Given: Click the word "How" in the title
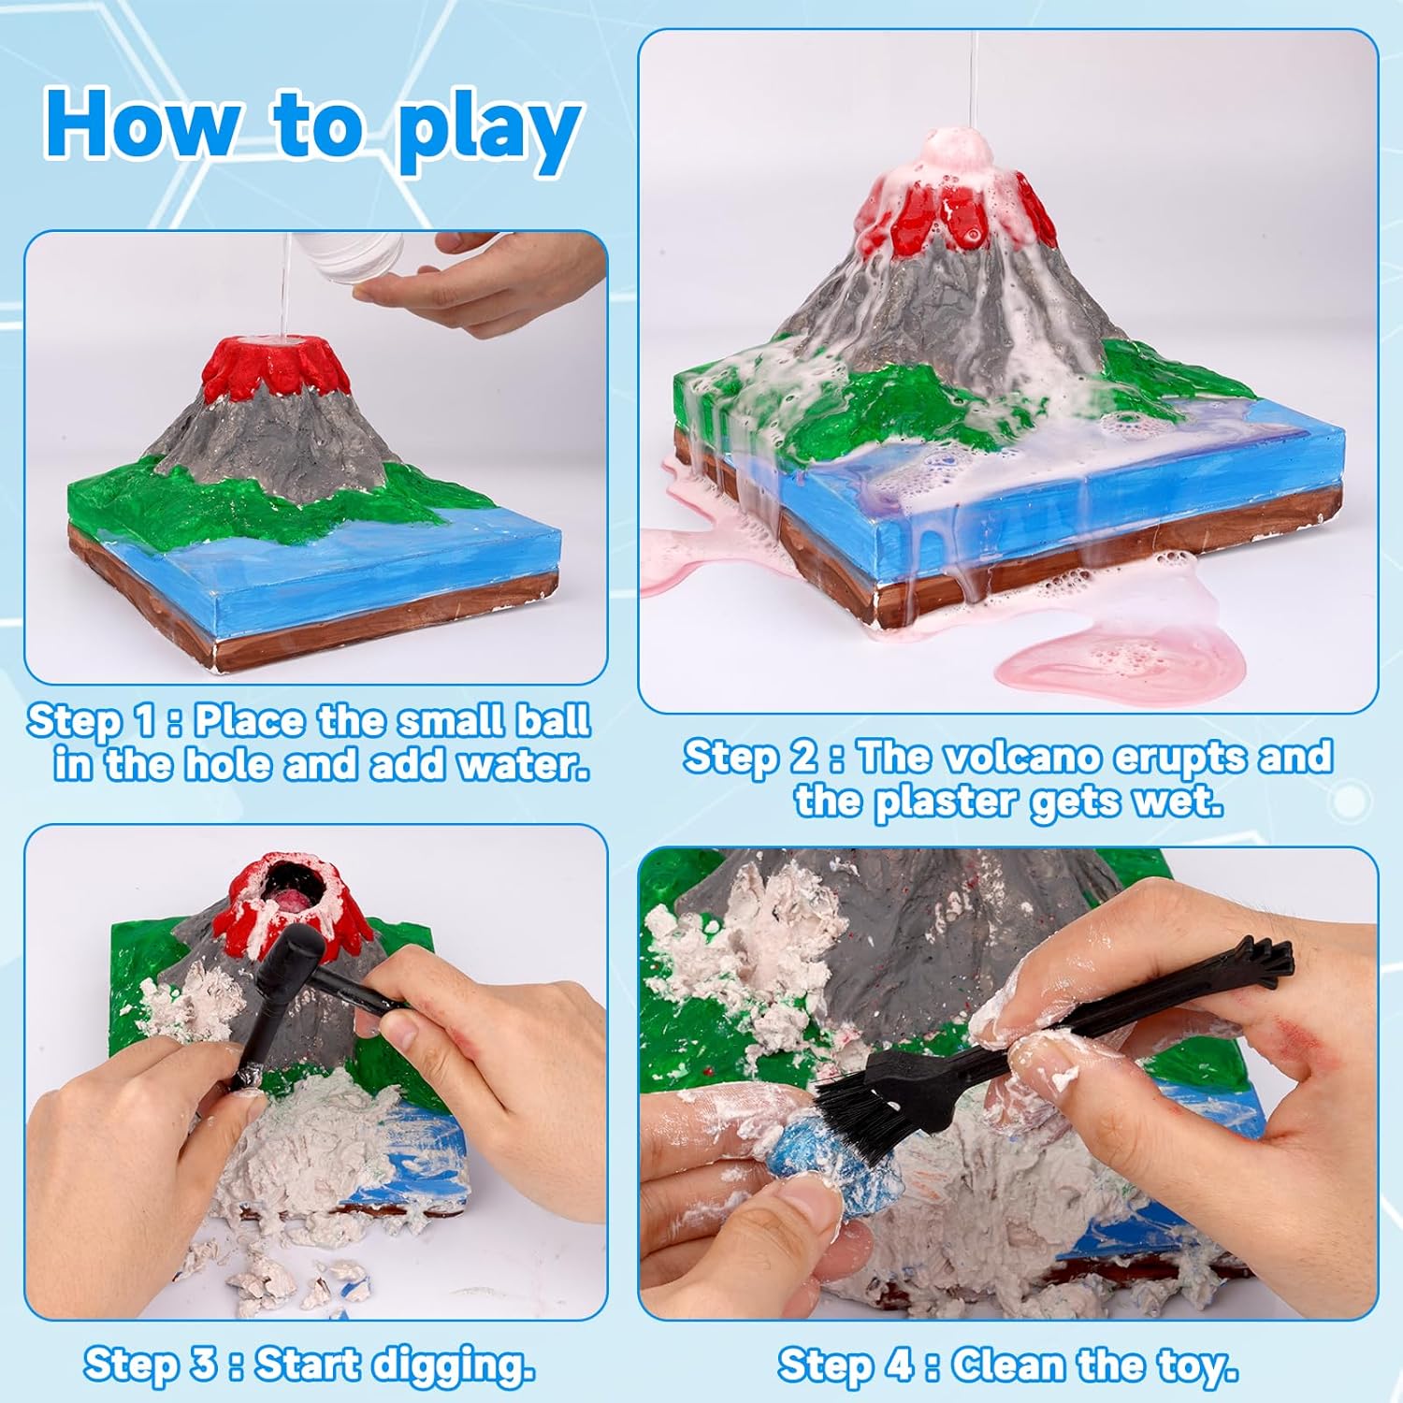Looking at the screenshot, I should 140,123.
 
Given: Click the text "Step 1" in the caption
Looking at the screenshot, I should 92,721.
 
